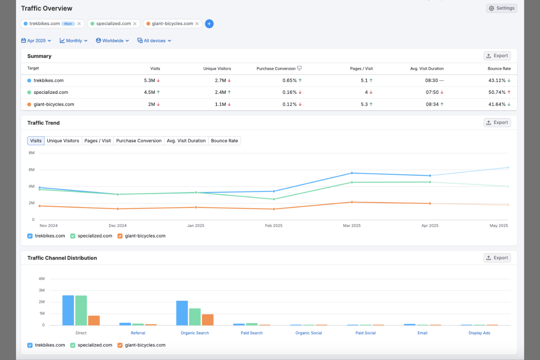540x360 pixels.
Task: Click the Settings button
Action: click(501, 8)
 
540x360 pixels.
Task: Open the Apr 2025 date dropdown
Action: click(36, 40)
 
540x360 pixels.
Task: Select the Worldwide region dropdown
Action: click(112, 40)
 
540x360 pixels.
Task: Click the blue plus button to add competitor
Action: click(209, 24)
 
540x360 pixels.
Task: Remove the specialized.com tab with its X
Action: click(135, 24)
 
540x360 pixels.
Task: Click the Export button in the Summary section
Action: click(497, 56)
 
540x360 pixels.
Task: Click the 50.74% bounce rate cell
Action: click(497, 92)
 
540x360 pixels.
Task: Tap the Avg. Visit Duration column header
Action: click(427, 69)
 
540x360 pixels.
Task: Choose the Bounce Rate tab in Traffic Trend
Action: click(224, 141)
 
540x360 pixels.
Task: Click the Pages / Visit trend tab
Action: click(97, 141)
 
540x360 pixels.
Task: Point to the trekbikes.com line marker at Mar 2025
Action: click(352, 173)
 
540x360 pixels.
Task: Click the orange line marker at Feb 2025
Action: click(274, 209)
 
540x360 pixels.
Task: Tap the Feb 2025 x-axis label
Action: click(274, 225)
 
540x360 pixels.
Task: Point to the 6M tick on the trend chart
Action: click(32, 170)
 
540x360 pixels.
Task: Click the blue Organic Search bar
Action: click(182, 313)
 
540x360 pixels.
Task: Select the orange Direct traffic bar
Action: click(94, 320)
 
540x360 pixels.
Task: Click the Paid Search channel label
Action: click(251, 333)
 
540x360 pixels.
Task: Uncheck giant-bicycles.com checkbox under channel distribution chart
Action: click(120, 345)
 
